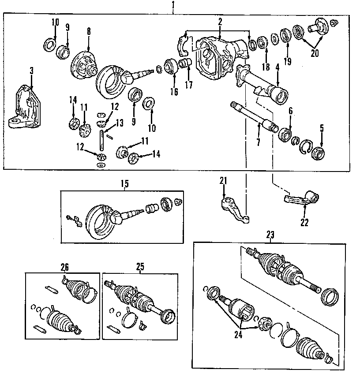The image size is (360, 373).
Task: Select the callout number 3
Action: tap(32, 71)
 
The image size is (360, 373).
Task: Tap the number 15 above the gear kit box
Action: tap(124, 184)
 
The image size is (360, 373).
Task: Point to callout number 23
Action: tap(270, 235)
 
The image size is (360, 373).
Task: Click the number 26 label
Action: tap(65, 267)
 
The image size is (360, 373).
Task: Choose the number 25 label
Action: tap(140, 267)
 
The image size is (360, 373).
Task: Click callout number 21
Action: tap(223, 180)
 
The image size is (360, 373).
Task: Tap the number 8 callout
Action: tap(89, 31)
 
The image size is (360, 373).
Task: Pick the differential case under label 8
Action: tap(84, 64)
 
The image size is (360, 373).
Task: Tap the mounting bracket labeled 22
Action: tap(304, 198)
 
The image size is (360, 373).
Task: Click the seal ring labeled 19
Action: tap(284, 34)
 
